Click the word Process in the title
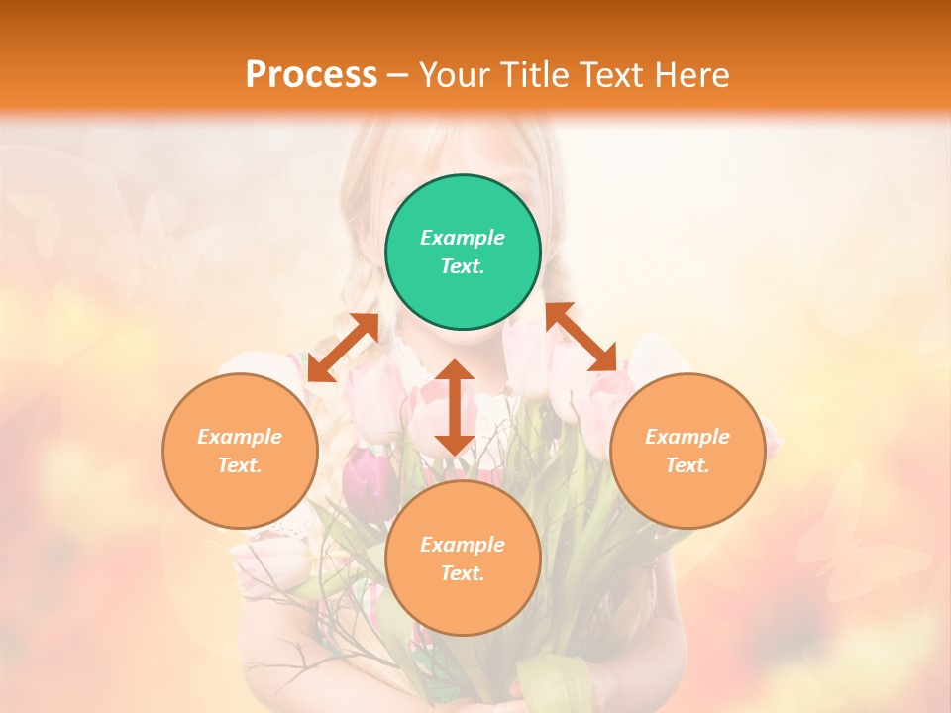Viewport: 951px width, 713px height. pyautogui.click(x=311, y=75)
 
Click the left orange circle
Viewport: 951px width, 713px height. pyautogui.click(x=240, y=451)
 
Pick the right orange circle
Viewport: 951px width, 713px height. pyautogui.click(x=687, y=451)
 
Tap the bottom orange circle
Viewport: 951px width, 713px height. pyautogui.click(x=463, y=559)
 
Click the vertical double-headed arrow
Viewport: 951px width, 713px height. pyautogui.click(x=455, y=407)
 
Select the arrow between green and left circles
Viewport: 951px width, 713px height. pyautogui.click(x=343, y=348)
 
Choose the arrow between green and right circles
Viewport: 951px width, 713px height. pyautogui.click(x=581, y=337)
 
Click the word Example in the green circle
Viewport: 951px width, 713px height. pyautogui.click(x=463, y=238)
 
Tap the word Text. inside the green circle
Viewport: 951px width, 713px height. pyautogui.click(x=463, y=266)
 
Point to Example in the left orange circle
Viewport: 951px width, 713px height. pyautogui.click(x=240, y=437)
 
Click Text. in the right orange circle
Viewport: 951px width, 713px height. pyautogui.click(x=687, y=465)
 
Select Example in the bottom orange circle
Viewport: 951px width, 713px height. pyautogui.click(x=463, y=545)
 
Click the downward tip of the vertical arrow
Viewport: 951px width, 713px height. pyautogui.click(x=455, y=452)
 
